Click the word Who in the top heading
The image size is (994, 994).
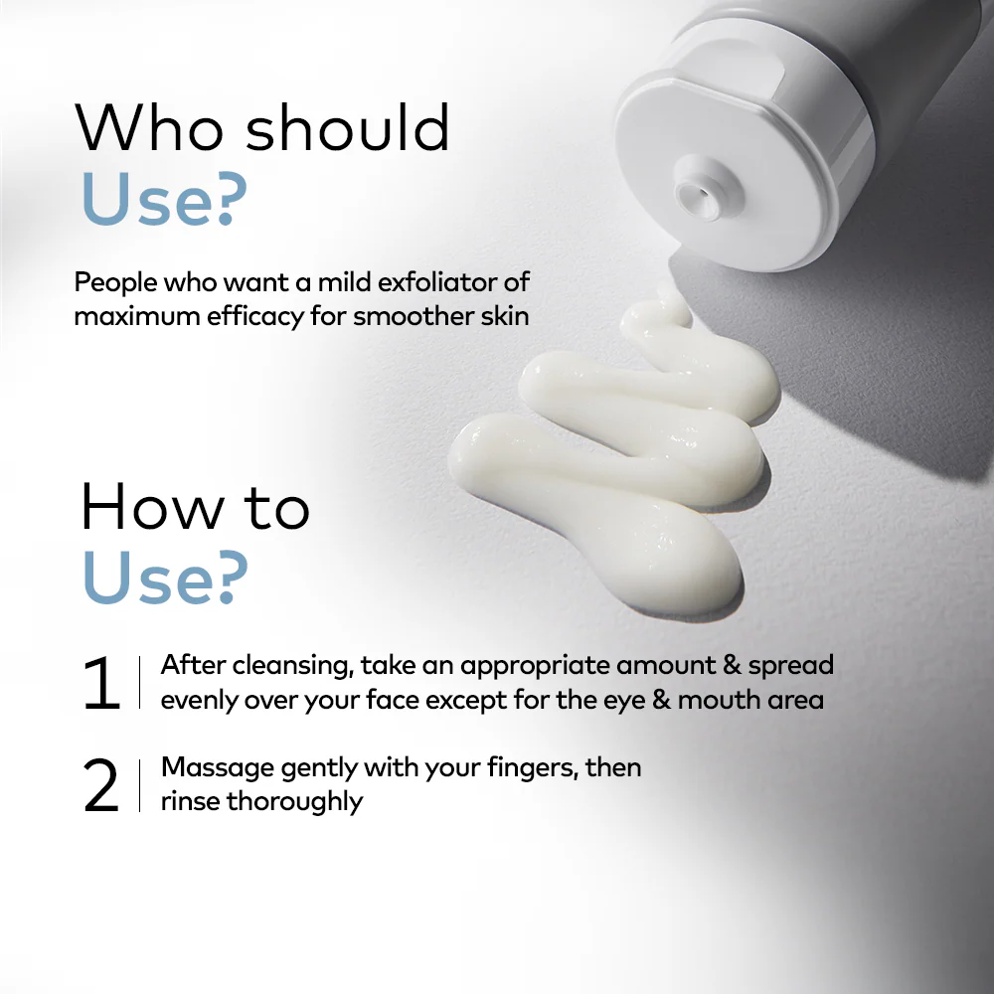149,127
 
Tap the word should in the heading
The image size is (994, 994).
347,127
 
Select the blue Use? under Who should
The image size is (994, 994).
164,199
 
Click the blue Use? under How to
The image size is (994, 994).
165,577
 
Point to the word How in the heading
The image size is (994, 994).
153,506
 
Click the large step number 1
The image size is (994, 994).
101,684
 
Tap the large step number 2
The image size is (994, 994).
100,785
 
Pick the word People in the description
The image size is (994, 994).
115,283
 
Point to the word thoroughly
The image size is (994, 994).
295,802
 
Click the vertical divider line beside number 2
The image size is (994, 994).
139,785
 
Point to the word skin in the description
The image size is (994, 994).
505,316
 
